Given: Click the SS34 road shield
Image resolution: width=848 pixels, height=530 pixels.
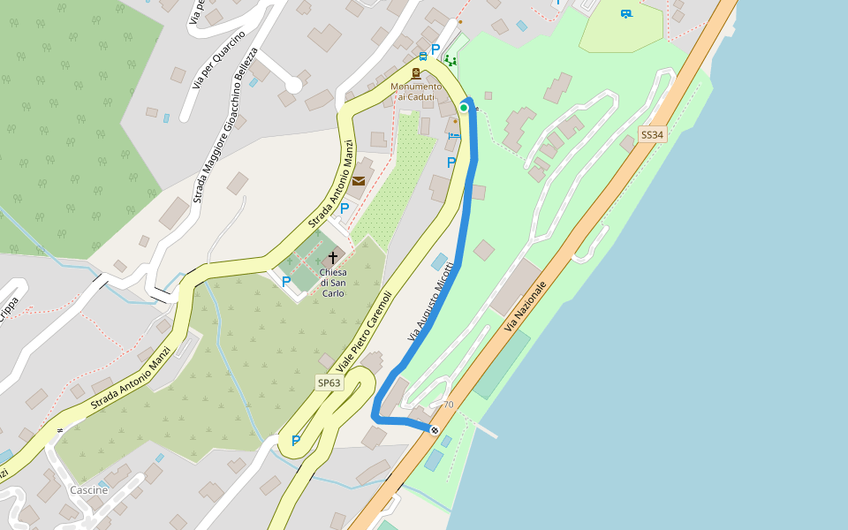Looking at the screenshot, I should tap(651, 135).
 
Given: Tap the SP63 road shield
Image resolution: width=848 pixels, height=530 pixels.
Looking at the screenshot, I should tap(329, 382).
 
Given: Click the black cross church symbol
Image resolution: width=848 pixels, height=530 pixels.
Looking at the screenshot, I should tap(333, 258).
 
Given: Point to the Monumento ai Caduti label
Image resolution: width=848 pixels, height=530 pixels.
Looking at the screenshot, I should tap(416, 91).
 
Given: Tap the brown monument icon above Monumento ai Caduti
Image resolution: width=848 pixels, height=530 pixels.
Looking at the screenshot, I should tap(416, 73).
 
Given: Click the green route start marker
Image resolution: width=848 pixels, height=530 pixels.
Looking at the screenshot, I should tap(464, 108).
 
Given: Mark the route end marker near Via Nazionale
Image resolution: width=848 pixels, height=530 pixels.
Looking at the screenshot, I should tap(435, 430).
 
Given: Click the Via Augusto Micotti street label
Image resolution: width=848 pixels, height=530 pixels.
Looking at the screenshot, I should tap(431, 302).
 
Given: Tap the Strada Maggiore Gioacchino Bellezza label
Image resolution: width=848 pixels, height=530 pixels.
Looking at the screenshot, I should tap(225, 124).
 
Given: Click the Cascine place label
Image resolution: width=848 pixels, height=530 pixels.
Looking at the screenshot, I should tap(88, 490).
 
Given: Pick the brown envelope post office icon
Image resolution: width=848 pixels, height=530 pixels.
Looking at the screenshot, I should tap(359, 181).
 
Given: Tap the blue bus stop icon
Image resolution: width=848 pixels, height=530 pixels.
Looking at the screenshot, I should tap(423, 57).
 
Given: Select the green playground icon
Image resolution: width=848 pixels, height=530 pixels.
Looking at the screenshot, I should tap(450, 61).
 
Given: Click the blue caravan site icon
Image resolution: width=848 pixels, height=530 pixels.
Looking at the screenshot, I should tap(626, 13).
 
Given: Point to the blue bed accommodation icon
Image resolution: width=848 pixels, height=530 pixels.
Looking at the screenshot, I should tap(453, 135).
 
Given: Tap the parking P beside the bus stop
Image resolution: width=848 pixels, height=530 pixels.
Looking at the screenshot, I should tap(435, 49).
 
